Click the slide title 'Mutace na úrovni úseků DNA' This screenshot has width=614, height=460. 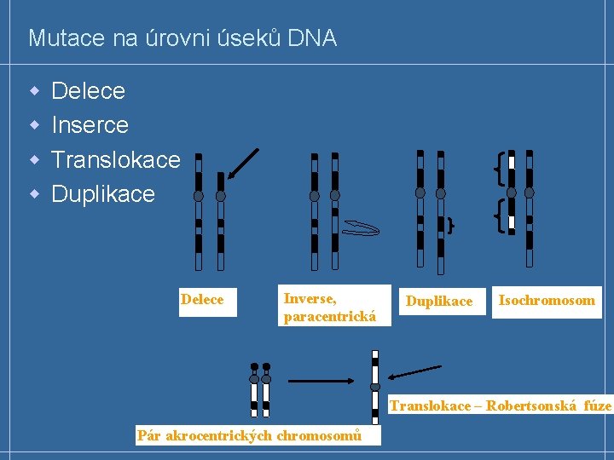click(182, 38)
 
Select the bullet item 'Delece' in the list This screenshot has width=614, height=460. click(88, 90)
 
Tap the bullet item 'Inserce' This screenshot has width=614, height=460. click(90, 125)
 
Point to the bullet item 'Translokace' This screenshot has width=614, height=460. click(115, 159)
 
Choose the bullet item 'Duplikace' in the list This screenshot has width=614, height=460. click(103, 194)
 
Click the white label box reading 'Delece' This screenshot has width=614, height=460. click(203, 300)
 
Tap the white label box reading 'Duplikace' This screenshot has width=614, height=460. click(439, 301)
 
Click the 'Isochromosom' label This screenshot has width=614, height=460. click(547, 300)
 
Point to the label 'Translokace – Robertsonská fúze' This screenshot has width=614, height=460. click(501, 405)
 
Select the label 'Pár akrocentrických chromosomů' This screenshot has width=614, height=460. click(249, 436)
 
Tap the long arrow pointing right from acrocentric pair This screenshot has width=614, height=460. click(321, 381)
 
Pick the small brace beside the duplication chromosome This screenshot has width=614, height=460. click(450, 225)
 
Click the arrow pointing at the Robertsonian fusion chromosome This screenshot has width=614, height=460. click(415, 372)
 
